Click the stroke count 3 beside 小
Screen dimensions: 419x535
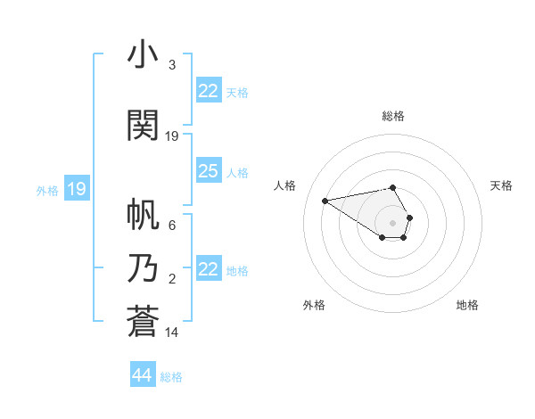coord(171,65)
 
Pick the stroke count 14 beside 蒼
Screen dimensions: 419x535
coord(173,333)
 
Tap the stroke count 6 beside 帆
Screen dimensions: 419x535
coord(171,226)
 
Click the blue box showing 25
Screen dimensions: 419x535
coord(208,171)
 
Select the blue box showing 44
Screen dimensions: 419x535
coord(142,375)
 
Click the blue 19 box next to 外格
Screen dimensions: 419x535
coord(76,188)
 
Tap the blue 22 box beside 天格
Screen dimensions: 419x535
coord(208,91)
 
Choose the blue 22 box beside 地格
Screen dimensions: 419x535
coord(208,269)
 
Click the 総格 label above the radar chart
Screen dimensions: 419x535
coord(392,116)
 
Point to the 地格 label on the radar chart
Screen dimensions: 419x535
coord(467,305)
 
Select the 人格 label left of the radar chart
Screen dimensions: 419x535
coord(285,185)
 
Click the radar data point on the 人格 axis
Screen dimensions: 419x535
coord(325,200)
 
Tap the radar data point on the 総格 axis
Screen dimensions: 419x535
coord(392,188)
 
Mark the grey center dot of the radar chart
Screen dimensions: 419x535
coord(392,222)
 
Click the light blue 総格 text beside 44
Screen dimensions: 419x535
coord(171,377)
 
